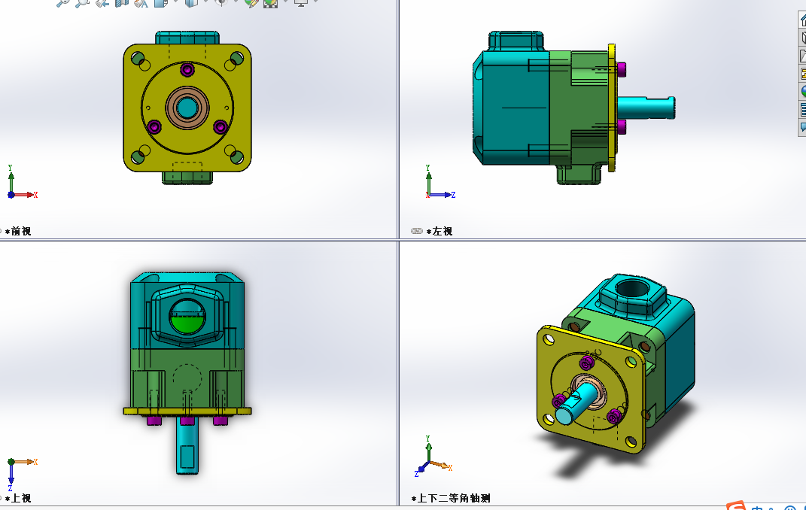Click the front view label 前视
click(20, 232)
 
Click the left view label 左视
click(442, 232)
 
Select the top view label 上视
click(20, 498)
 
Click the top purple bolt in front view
click(187, 70)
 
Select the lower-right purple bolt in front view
click(221, 126)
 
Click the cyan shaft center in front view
click(187, 107)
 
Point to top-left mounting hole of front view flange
click(138, 58)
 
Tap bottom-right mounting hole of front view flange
click(236, 156)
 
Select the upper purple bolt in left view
click(622, 69)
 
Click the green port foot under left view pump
click(579, 174)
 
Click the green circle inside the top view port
click(187, 322)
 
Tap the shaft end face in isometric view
click(565, 415)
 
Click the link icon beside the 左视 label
click(417, 232)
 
